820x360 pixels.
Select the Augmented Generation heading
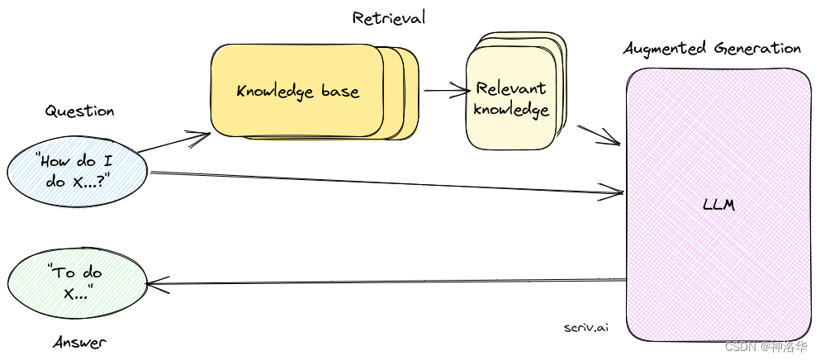point(712,48)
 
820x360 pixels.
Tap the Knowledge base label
point(298,90)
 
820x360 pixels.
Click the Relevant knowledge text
point(512,98)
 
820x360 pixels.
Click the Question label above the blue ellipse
point(79,111)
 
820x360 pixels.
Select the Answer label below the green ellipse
point(79,341)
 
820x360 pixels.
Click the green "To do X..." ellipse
point(77,283)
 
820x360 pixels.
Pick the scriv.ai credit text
point(586,327)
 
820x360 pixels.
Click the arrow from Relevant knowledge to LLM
point(598,135)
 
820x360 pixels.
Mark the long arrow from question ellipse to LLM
point(388,183)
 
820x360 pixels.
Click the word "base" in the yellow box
point(339,90)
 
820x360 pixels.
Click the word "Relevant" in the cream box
point(511,88)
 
